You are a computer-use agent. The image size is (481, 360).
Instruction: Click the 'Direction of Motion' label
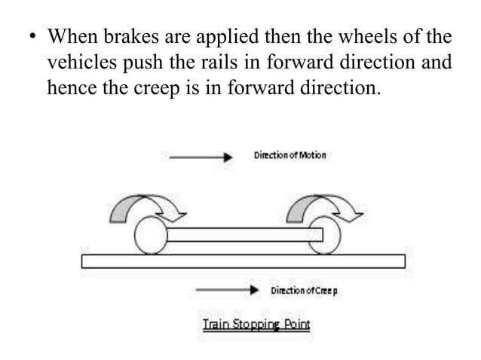290,155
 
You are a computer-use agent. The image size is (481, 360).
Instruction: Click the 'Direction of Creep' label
305,290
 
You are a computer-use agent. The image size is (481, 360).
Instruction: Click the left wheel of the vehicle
151,236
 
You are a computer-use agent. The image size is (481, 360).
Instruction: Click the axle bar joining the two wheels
241,235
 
